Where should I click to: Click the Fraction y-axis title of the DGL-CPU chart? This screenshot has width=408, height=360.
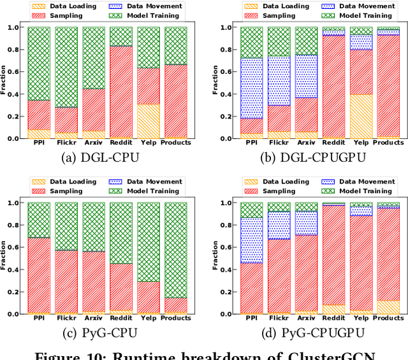point(4,83)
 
